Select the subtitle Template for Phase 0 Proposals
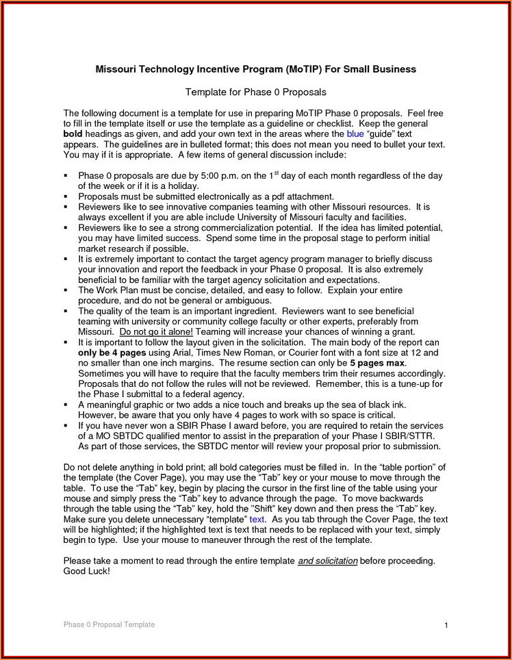pos(256,92)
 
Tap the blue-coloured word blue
pos(355,135)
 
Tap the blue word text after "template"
pos(257,520)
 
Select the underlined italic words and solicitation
pos(328,561)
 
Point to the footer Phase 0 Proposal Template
pos(109,624)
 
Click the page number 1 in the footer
pos(446,625)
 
